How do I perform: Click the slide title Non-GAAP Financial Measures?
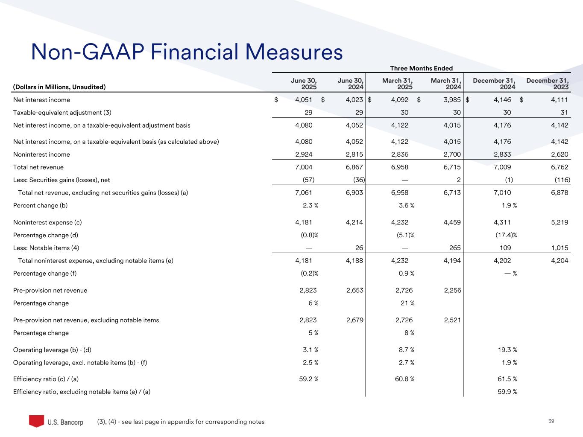(187, 52)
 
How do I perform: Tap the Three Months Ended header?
(421, 68)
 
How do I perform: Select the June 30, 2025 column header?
(304, 84)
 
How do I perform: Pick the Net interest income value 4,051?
(303, 100)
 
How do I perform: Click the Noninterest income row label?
(41, 154)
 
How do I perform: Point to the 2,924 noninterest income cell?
(303, 154)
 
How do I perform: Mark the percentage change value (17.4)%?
(505, 235)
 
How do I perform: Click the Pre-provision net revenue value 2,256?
(452, 291)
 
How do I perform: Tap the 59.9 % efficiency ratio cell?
(507, 392)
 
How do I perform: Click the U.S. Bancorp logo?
(56, 421)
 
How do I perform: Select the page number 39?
(551, 421)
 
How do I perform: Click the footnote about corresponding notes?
(181, 422)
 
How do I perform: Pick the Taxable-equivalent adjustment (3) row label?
(62, 113)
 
